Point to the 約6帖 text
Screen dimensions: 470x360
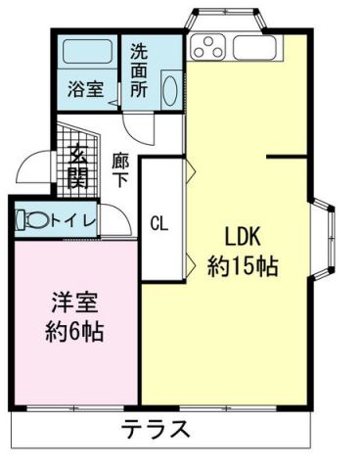click(x=74, y=330)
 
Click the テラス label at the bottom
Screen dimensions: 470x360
click(x=156, y=429)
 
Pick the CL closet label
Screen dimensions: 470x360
click(x=158, y=222)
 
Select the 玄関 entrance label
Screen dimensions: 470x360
click(x=76, y=166)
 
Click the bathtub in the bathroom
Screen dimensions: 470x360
click(x=86, y=55)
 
